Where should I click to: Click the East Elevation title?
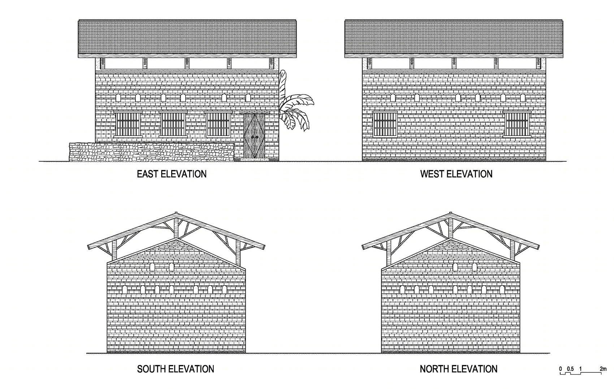pyautogui.click(x=172, y=174)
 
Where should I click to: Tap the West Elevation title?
pyautogui.click(x=456, y=174)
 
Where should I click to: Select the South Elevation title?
pyautogui.click(x=176, y=369)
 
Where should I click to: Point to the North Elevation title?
pyautogui.click(x=459, y=369)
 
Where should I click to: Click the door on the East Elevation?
pyautogui.click(x=254, y=136)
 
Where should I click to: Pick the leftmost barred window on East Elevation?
pyautogui.click(x=128, y=124)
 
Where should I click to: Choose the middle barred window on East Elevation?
pyautogui.click(x=173, y=124)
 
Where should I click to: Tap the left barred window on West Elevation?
pyautogui.click(x=385, y=124)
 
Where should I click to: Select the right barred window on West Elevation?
pyautogui.click(x=517, y=124)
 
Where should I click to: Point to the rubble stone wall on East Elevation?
pyautogui.click(x=152, y=152)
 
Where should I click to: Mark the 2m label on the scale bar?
pyautogui.click(x=603, y=369)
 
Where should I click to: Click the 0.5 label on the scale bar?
pyautogui.click(x=570, y=369)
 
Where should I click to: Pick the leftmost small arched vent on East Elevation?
pyautogui.click(x=118, y=98)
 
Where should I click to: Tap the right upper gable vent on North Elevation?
pyautogui.click(x=474, y=267)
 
